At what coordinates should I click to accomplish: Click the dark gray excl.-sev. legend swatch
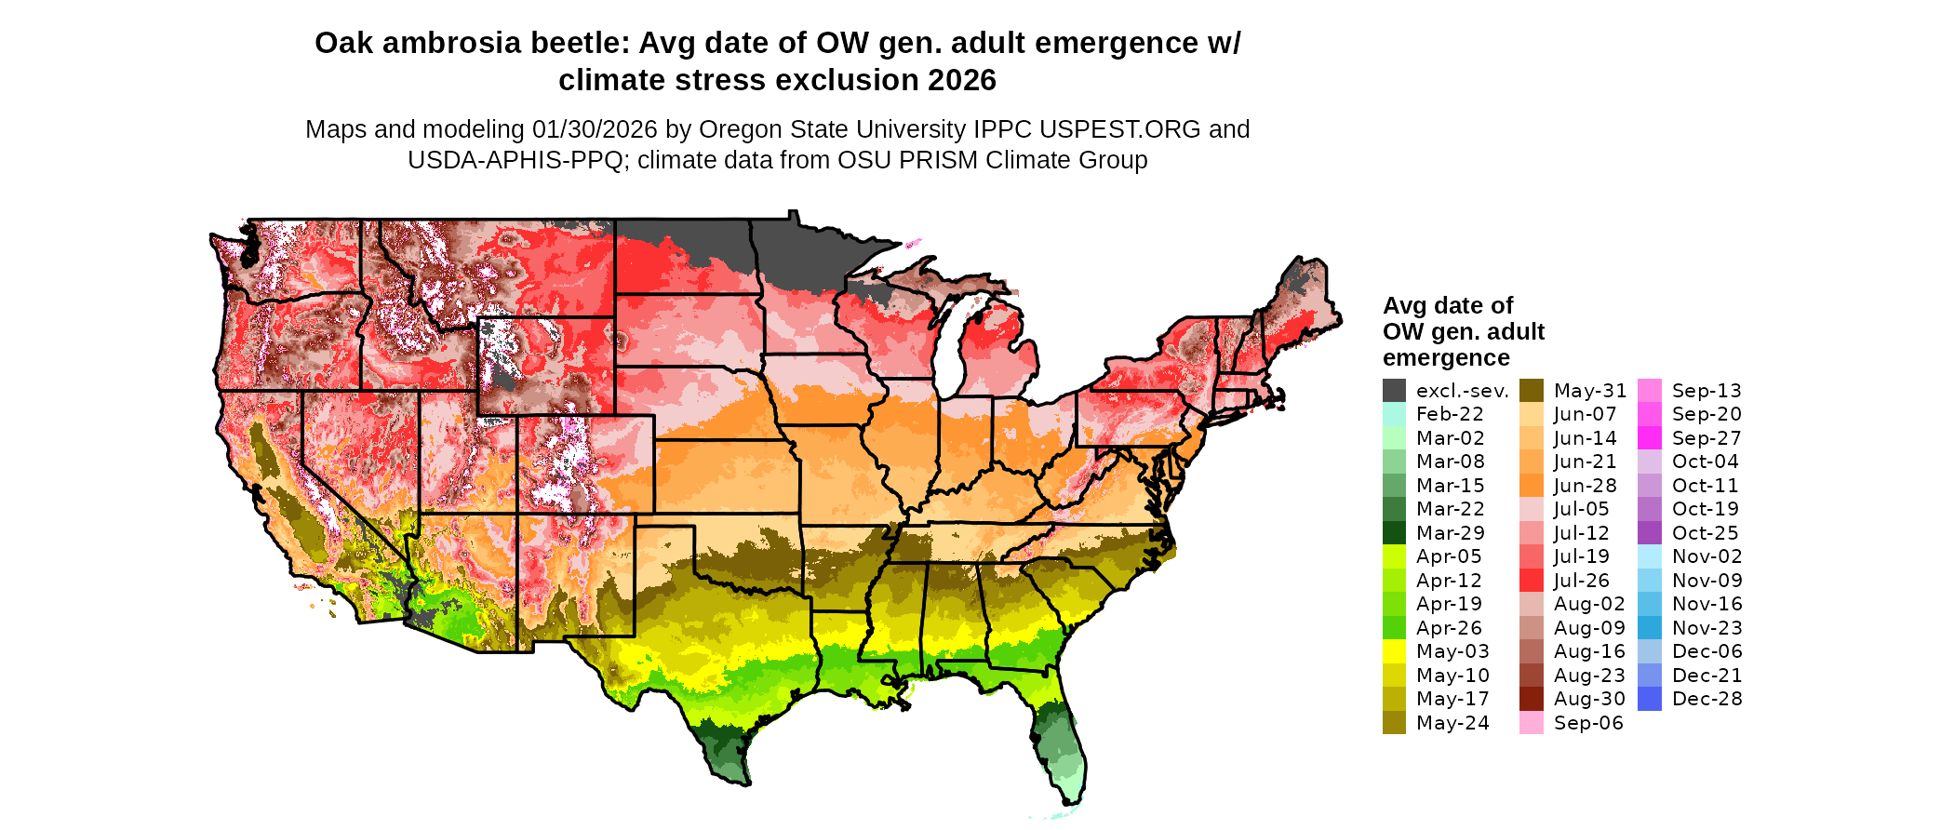(1394, 391)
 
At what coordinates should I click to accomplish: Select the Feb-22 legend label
(1450, 414)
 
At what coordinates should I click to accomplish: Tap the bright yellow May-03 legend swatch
(1394, 651)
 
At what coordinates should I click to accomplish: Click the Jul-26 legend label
(1582, 581)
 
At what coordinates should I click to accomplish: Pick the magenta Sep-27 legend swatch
(1649, 438)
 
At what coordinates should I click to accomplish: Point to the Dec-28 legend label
(1706, 699)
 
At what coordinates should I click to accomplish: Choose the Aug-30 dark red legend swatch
(1531, 699)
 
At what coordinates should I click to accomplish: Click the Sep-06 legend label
(1588, 723)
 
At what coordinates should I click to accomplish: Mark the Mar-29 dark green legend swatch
(1394, 533)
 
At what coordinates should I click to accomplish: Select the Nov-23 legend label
(1706, 628)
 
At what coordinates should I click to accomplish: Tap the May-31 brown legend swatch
(1531, 391)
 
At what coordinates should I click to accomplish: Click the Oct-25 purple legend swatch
(1649, 533)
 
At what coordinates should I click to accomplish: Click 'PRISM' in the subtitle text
(942, 160)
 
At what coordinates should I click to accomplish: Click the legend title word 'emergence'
(1445, 358)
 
